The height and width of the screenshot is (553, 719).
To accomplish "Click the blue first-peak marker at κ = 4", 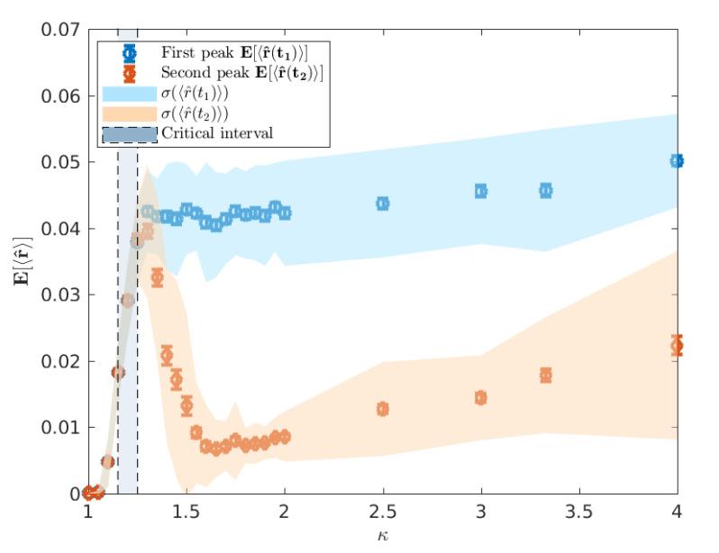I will (x=677, y=161).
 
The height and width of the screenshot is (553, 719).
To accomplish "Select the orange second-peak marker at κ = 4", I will (x=677, y=346).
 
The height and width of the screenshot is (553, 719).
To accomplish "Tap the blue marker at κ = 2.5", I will (x=382, y=204).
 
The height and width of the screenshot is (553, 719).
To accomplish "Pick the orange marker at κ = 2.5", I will (x=382, y=409).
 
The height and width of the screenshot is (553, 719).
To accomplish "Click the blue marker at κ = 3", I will (x=480, y=191).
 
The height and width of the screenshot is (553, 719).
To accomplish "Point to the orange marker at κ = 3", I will (x=480, y=398).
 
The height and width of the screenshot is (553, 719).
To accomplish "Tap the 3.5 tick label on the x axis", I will (x=578, y=512).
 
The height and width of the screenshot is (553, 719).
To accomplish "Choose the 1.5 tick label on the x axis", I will (x=186, y=512).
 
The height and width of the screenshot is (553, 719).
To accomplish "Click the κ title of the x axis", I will (x=382, y=537).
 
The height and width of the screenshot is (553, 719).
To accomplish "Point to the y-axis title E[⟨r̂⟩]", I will (x=20, y=261).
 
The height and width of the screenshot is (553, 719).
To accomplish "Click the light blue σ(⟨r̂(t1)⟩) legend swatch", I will (x=129, y=93).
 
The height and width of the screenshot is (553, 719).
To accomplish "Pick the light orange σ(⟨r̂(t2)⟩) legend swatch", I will (x=129, y=113).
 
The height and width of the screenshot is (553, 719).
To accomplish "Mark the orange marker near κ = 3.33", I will (x=545, y=376).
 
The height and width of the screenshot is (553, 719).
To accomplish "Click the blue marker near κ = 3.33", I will (x=545, y=190).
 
